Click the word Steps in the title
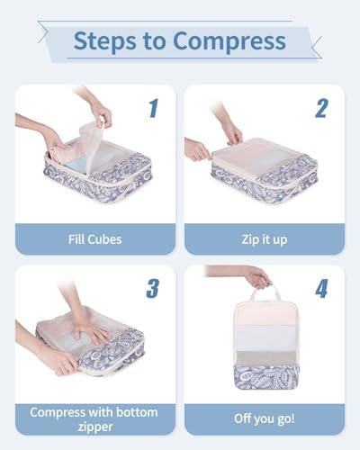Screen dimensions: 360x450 pyautogui.click(x=104, y=41)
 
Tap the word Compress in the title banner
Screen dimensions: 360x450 pyautogui.click(x=229, y=41)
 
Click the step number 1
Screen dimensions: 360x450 pyautogui.click(x=153, y=108)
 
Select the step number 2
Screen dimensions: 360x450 pyautogui.click(x=321, y=108)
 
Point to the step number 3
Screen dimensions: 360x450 pyautogui.click(x=153, y=288)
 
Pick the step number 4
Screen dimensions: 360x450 pyautogui.click(x=321, y=288)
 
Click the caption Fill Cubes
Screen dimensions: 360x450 pyautogui.click(x=95, y=239)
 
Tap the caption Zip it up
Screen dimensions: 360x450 pyautogui.click(x=265, y=240)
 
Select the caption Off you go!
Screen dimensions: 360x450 pyautogui.click(x=265, y=418)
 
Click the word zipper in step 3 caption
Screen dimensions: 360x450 pyautogui.click(x=95, y=427)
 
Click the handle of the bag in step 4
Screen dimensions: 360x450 pyautogui.click(x=265, y=292)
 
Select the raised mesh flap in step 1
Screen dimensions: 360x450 pyautogui.click(x=91, y=148)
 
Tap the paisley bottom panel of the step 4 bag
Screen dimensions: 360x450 pyautogui.click(x=266, y=376)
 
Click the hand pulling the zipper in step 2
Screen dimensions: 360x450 pyautogui.click(x=196, y=149)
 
